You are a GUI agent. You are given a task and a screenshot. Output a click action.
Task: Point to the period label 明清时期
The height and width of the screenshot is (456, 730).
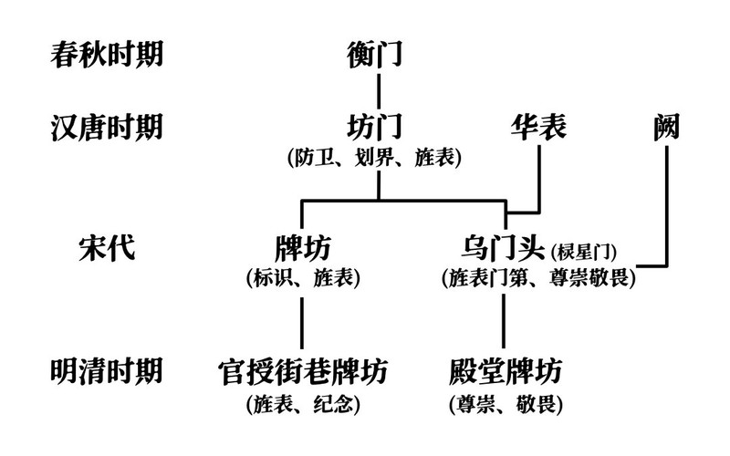pos(106,371)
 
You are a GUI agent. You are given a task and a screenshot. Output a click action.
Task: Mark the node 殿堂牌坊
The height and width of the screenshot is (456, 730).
pos(505,371)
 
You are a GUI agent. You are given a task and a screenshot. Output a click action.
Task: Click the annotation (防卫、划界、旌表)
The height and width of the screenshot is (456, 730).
pos(375,157)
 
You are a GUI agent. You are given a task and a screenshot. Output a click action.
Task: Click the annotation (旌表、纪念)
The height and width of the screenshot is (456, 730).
pos(302,401)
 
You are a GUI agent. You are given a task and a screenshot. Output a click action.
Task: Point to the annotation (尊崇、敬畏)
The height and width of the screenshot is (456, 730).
pos(505,401)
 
